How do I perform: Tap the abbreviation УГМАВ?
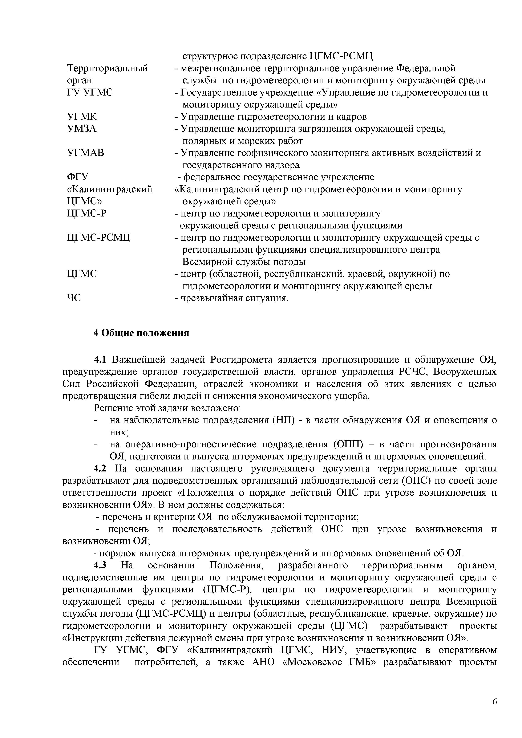tap(85, 153)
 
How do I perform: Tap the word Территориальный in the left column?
tap(107, 68)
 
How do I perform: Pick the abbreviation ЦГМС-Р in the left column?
tap(86, 214)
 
